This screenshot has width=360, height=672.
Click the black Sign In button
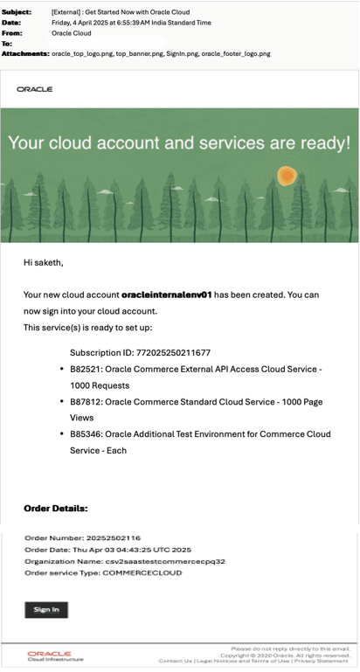pyautogui.click(x=45, y=609)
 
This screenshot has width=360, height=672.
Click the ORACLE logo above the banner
pyautogui.click(x=35, y=89)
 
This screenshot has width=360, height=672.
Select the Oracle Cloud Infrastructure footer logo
pyautogui.click(x=49, y=655)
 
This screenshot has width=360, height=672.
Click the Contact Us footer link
pyautogui.click(x=176, y=662)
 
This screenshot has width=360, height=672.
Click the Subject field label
pyautogui.click(x=17, y=12)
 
